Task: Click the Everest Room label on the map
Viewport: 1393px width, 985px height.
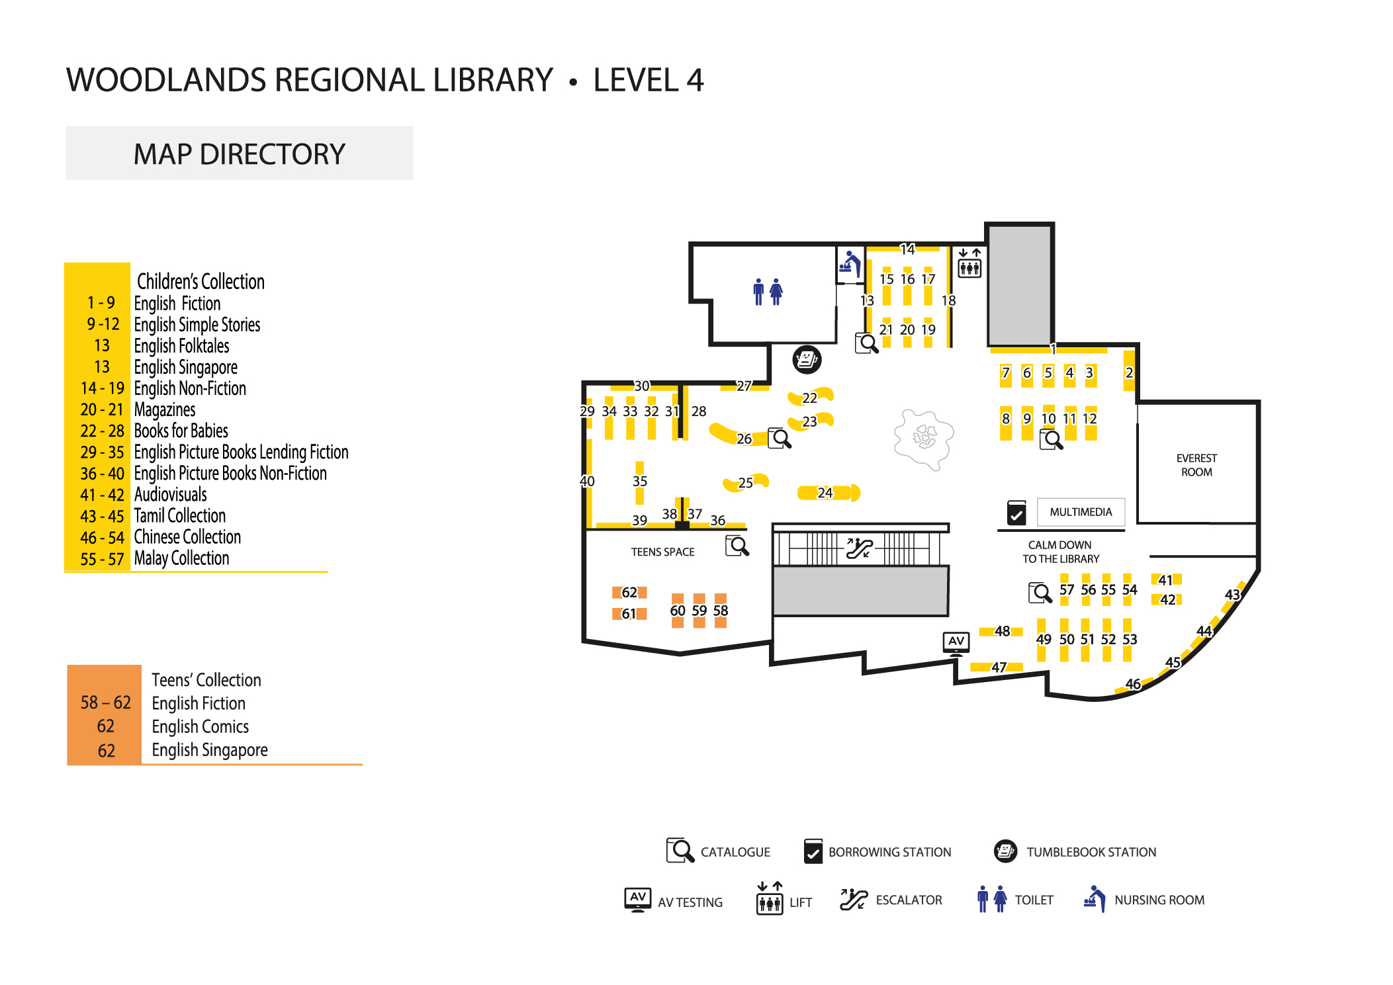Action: [x=1196, y=465]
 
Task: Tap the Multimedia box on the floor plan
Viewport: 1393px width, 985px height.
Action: [x=1080, y=512]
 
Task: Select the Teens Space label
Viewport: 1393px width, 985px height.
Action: [x=662, y=552]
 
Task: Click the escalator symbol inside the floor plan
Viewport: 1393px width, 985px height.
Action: [x=860, y=548]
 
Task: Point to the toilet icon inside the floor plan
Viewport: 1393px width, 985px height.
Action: [x=768, y=291]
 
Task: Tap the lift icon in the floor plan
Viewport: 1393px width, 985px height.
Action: [x=969, y=263]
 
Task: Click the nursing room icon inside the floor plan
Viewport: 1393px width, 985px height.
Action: [x=850, y=264]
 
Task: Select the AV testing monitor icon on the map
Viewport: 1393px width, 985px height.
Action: [x=956, y=642]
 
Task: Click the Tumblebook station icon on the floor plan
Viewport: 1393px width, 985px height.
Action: [x=807, y=359]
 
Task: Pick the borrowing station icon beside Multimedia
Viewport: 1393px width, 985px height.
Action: [x=1016, y=513]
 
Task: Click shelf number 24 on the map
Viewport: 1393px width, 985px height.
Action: [x=825, y=493]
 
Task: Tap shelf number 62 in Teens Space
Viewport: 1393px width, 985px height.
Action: [x=629, y=592]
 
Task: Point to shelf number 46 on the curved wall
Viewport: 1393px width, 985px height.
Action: [x=1133, y=684]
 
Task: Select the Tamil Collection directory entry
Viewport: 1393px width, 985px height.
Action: [x=180, y=516]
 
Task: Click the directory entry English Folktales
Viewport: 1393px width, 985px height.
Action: [x=181, y=346]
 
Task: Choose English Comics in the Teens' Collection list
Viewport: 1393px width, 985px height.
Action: [x=201, y=726]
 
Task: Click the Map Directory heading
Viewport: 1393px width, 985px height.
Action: [x=239, y=154]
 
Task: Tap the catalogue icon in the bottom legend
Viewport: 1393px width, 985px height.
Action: [x=680, y=851]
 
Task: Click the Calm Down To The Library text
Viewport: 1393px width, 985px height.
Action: [x=1060, y=552]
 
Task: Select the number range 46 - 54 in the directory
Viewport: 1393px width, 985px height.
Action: [x=102, y=538]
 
